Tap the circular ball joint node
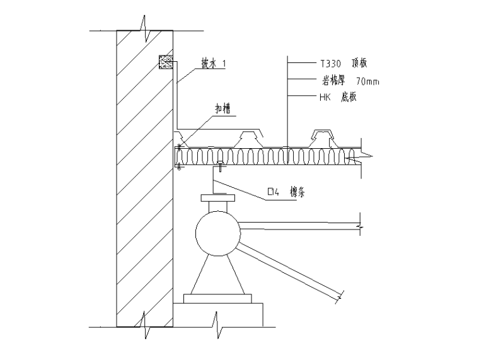click(217, 234)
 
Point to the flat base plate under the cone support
click(217, 297)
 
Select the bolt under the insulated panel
click(221, 166)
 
